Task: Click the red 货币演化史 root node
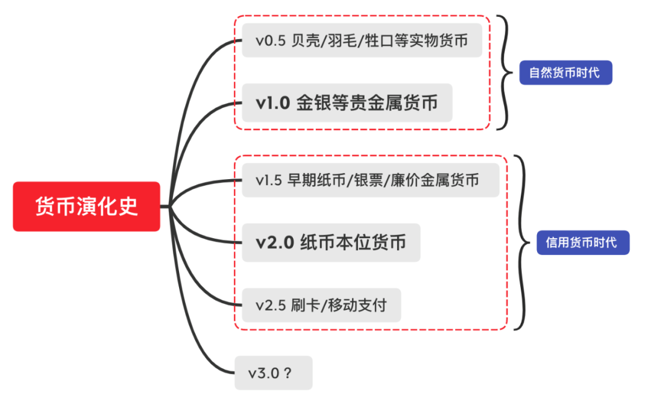pos(86,206)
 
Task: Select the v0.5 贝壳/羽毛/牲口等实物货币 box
pos(362,40)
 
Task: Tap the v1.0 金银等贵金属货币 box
pos(347,103)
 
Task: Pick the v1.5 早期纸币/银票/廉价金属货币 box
pos(370,180)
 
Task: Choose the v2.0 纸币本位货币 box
pos(331,242)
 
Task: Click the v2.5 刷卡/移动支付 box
pos(321,305)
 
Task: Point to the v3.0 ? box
pos(274,373)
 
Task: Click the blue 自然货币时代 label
pos(565,73)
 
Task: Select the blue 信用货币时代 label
pos(582,242)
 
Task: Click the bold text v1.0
pos(272,103)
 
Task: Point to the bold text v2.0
pos(275,242)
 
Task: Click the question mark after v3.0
pos(288,373)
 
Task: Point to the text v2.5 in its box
pos(269,305)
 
